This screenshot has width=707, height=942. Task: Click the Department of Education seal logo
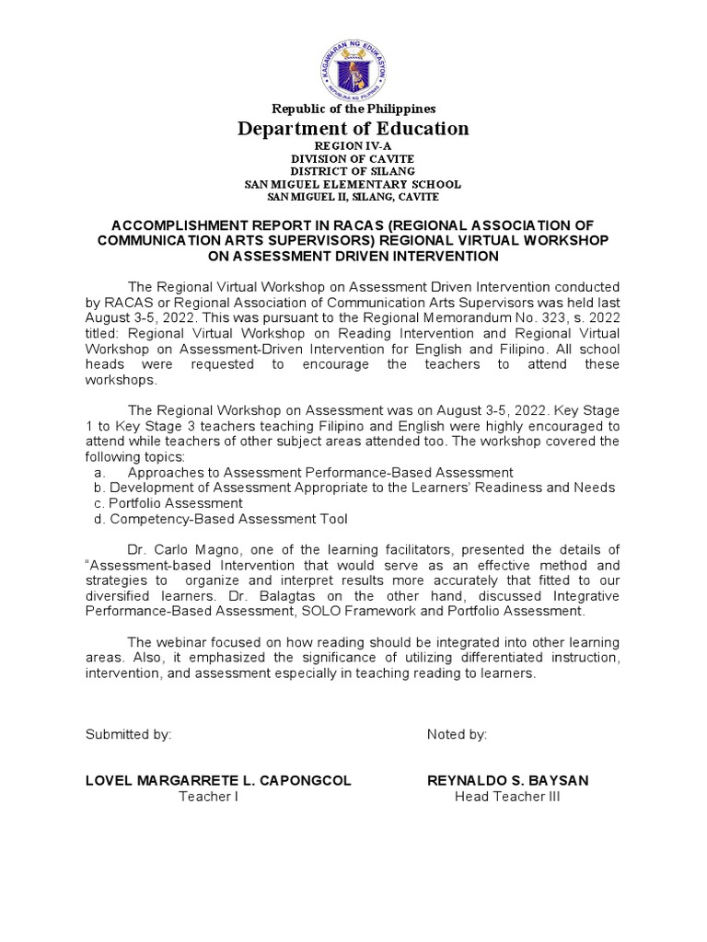[x=353, y=59]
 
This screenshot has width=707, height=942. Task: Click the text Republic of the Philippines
[x=353, y=109]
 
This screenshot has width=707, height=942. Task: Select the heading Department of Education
[x=353, y=129]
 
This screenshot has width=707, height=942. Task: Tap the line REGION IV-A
[x=353, y=146]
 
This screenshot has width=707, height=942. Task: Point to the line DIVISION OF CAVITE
[x=353, y=159]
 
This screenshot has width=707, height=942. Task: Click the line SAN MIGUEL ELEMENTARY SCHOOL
[x=353, y=184]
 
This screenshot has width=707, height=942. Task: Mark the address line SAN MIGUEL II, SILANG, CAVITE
[x=353, y=197]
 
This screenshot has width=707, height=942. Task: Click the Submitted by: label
[x=128, y=734]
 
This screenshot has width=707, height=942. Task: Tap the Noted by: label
[x=457, y=734]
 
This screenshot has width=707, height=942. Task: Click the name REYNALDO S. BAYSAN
[x=507, y=780]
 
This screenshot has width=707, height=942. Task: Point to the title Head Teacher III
[x=507, y=797]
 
